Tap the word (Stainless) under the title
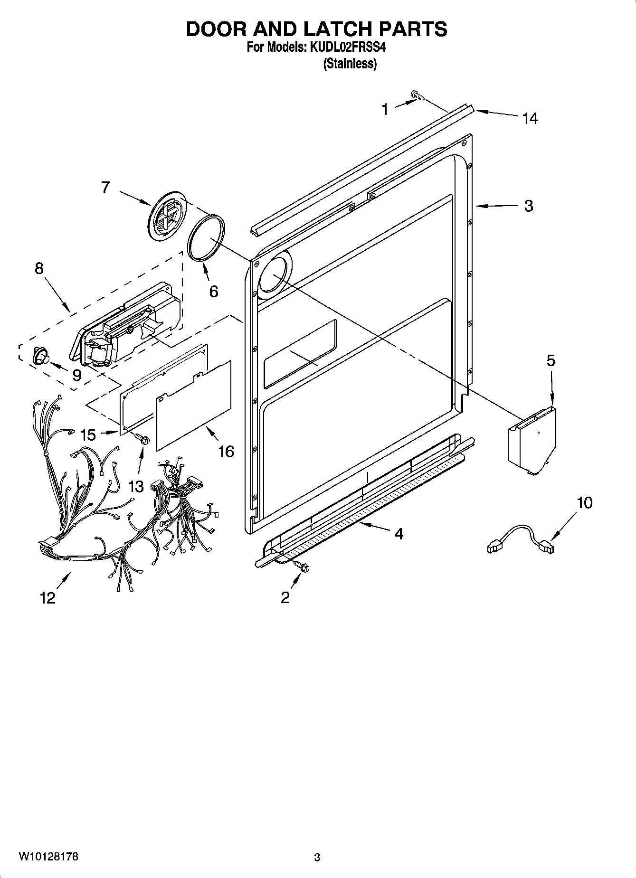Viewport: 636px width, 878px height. [x=350, y=64]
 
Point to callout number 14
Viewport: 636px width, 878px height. [x=530, y=118]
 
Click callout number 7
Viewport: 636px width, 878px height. [x=105, y=187]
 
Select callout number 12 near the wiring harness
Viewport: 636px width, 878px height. [x=48, y=597]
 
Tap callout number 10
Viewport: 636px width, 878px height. [x=585, y=502]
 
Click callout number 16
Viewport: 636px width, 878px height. [x=226, y=451]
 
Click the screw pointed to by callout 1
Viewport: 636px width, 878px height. [x=418, y=96]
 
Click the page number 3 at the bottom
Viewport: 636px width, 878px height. [x=317, y=857]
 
